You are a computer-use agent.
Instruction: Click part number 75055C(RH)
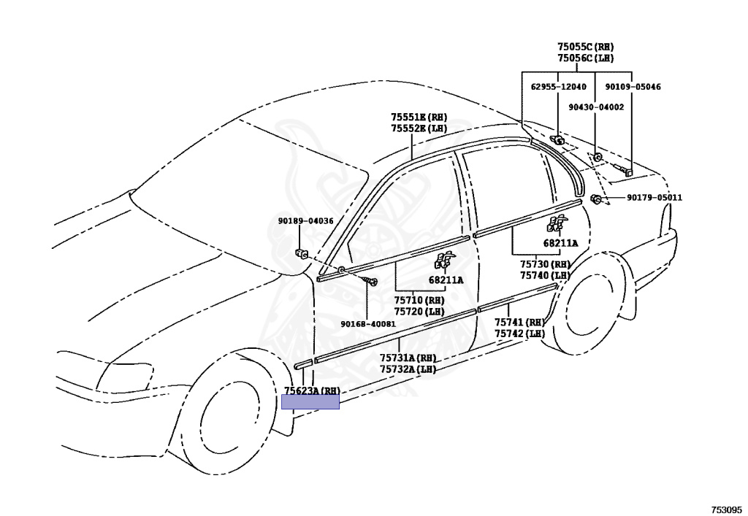585,46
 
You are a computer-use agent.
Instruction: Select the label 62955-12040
558,87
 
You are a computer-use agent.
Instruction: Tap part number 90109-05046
633,87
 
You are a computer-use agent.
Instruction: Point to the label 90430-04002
596,107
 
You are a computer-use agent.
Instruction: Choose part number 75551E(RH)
418,117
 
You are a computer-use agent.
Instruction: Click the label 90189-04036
305,221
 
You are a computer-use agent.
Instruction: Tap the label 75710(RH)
419,300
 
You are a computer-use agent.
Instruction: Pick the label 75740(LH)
545,275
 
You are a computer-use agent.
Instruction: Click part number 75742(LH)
519,334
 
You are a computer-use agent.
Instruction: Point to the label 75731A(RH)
408,358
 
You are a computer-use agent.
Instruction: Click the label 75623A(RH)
312,391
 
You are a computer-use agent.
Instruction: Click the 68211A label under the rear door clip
560,243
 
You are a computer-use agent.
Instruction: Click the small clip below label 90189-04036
301,254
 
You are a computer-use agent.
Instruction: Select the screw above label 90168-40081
373,282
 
